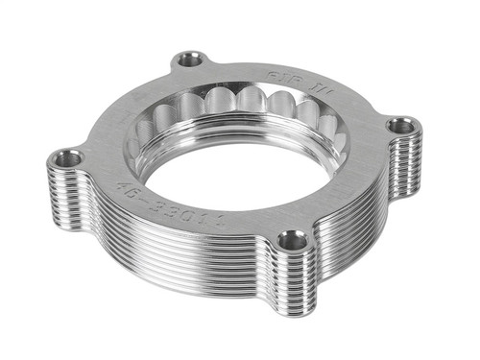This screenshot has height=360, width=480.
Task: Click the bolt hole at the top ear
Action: pos(190,60)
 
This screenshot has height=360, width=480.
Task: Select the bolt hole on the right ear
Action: pos(401,125)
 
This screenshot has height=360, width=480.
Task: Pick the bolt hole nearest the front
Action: pos(293,240)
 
